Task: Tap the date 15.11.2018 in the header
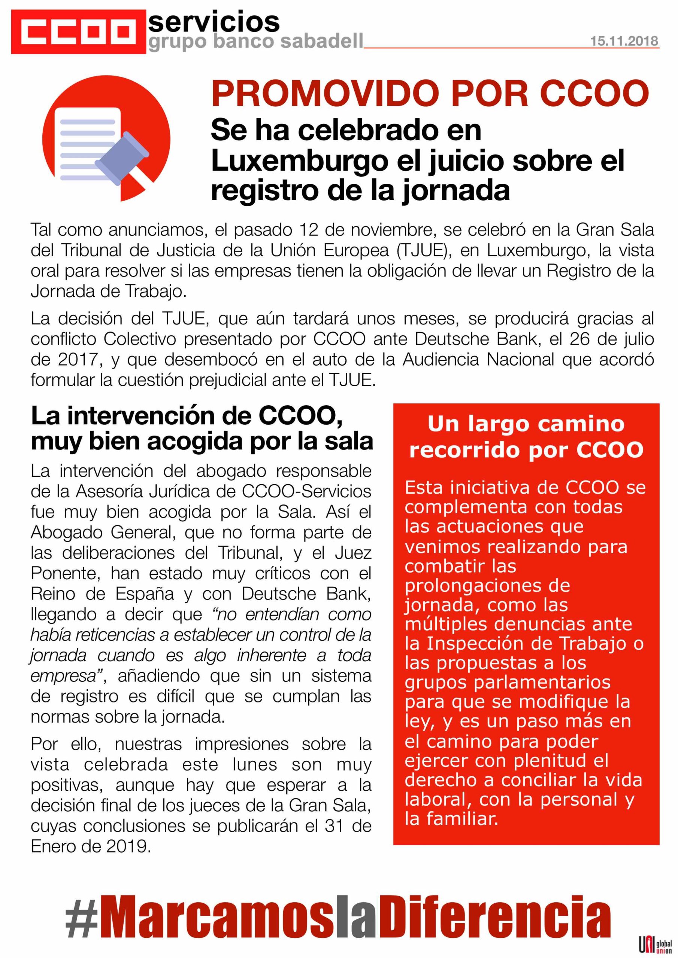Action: (624, 41)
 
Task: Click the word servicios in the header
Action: (214, 22)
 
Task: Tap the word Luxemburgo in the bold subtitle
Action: (298, 161)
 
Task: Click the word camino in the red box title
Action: (581, 425)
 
